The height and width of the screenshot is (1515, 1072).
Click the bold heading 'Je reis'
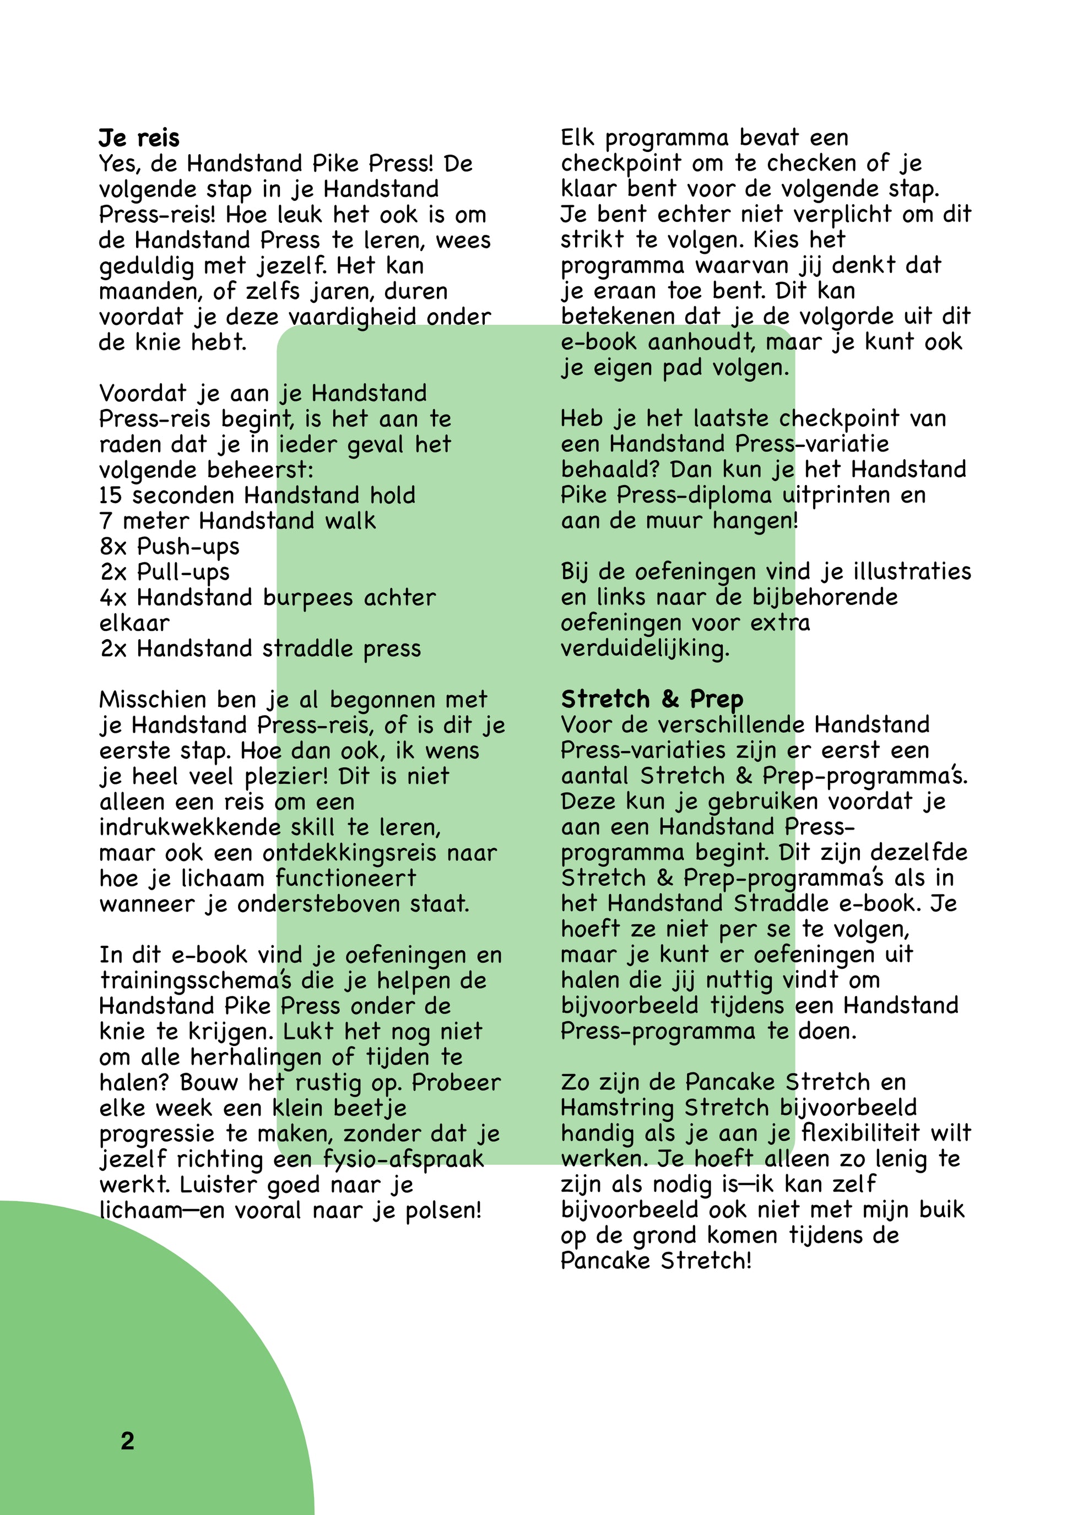[x=139, y=139]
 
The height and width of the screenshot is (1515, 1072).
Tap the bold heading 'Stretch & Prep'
[x=652, y=699]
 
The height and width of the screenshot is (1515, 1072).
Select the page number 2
[x=127, y=1441]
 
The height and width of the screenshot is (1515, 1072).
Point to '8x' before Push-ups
[x=113, y=547]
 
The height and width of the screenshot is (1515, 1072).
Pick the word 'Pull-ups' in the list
[x=183, y=573]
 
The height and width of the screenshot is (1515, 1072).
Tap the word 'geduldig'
[x=147, y=266]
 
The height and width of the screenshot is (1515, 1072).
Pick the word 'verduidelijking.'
[x=645, y=648]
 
